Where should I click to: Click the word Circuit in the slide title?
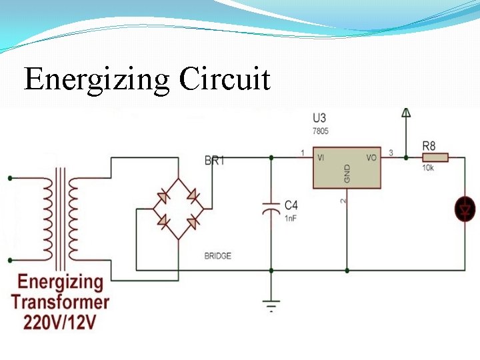point(225,80)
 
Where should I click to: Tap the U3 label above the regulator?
point(320,118)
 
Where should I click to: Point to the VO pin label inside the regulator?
point(371,158)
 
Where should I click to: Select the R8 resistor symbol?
point(435,157)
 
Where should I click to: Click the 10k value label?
point(427,168)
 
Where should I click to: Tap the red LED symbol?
point(465,210)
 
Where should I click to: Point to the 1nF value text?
point(291,218)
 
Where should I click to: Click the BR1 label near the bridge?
point(214,161)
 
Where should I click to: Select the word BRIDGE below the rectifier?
point(218,256)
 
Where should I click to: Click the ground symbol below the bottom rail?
point(271,306)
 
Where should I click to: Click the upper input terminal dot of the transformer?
point(9,178)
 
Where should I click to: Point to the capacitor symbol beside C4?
point(271,208)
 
